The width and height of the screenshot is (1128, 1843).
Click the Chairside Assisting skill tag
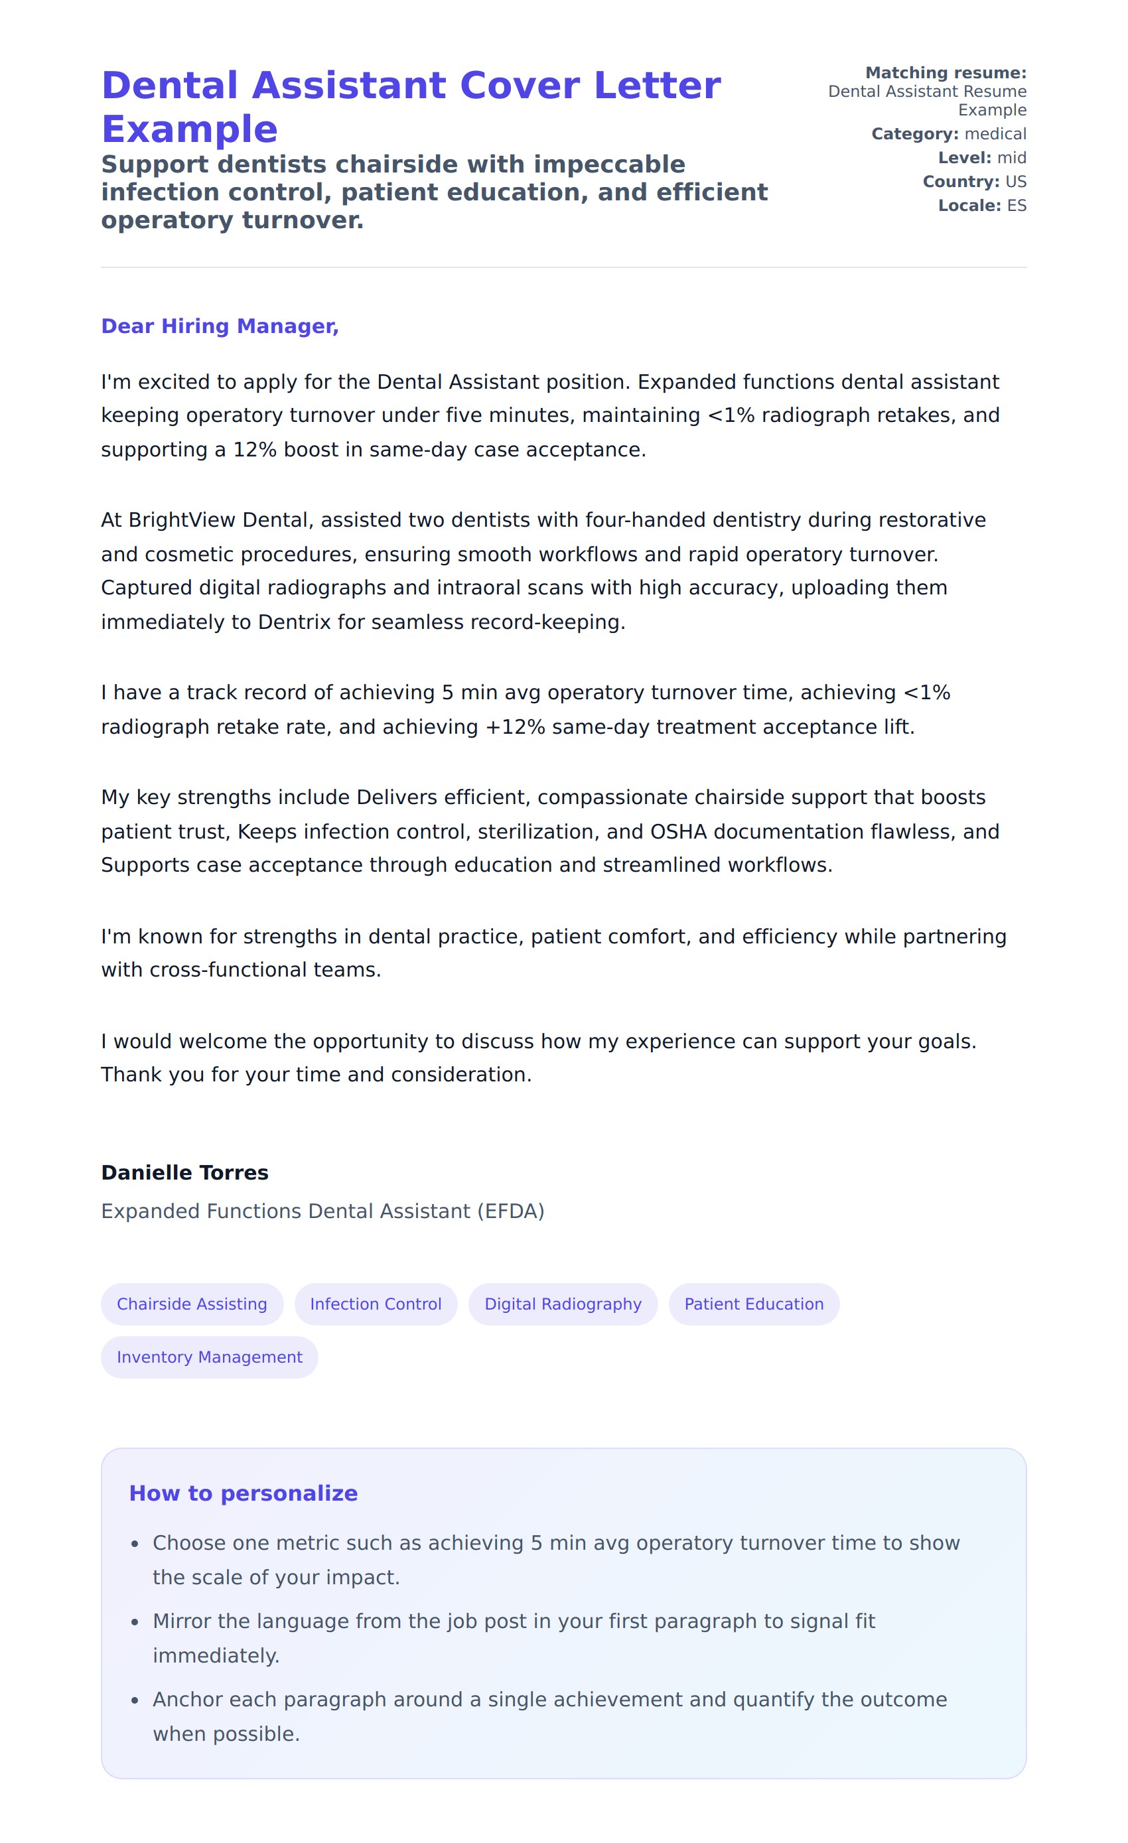click(x=192, y=1304)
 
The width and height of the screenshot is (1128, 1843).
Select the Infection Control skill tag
click(x=376, y=1304)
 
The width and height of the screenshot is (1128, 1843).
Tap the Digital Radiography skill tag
click(x=563, y=1304)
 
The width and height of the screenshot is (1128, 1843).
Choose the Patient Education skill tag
click(x=753, y=1304)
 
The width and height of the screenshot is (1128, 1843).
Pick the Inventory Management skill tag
click(x=210, y=1357)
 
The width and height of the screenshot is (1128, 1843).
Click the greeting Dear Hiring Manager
click(x=220, y=326)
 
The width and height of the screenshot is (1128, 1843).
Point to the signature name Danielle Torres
click(x=184, y=1172)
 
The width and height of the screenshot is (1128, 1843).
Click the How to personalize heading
click(x=243, y=1493)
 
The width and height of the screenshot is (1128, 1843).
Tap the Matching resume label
click(x=946, y=72)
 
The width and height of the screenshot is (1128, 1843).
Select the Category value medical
click(x=995, y=134)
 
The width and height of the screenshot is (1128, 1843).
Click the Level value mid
click(x=1011, y=158)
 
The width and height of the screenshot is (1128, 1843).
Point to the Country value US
click(x=1016, y=182)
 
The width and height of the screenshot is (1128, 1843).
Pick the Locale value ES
click(x=1017, y=206)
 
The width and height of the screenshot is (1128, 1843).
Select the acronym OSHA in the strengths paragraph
click(x=678, y=832)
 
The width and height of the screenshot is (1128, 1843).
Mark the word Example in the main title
click(x=189, y=129)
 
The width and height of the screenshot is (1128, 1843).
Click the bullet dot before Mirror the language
click(x=135, y=1622)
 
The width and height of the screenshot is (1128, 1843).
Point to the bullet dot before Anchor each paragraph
click(x=135, y=1700)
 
